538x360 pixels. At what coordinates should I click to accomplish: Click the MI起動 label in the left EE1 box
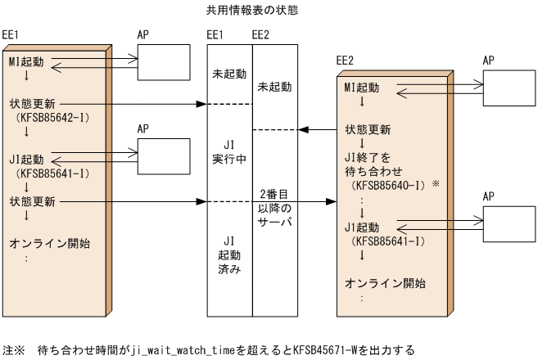pos(28,62)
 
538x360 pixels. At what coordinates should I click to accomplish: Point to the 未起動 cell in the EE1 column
pos(228,74)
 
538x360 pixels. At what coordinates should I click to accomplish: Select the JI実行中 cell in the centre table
pos(228,152)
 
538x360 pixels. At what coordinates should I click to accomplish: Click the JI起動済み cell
pos(228,256)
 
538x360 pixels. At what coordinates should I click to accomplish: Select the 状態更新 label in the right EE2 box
pos(368,129)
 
